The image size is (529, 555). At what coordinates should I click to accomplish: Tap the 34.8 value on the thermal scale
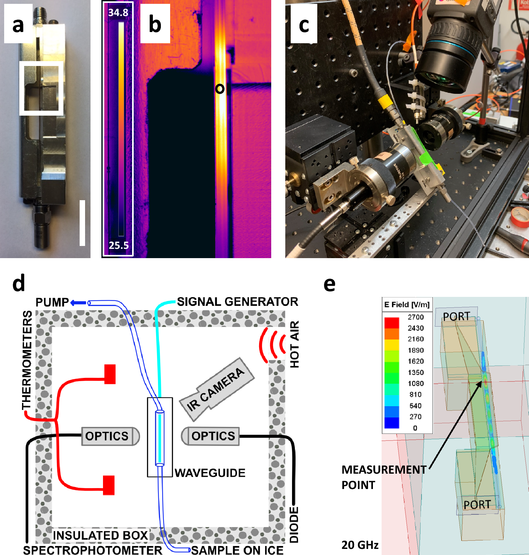coord(118,12)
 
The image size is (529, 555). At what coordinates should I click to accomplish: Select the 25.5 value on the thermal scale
coord(119,245)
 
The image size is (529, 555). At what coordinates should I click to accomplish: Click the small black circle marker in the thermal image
coord(220,89)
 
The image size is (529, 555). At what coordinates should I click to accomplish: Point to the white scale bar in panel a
coord(82,223)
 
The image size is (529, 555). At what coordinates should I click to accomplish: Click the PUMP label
coord(52,302)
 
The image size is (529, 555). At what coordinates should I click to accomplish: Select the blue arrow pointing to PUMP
coord(78,303)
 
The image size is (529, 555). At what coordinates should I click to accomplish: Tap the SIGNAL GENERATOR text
coord(237,302)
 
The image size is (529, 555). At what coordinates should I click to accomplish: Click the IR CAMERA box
coord(217,389)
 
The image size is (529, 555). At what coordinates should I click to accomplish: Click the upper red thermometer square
coord(110,374)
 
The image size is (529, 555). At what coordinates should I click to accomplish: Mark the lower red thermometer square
coord(109,485)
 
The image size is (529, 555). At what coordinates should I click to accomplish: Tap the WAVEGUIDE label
coord(210,473)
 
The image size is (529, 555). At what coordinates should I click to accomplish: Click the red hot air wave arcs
coord(272,345)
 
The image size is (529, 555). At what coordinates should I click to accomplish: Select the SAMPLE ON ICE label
coord(237,550)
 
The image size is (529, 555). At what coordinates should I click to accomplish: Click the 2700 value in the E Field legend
coord(415,317)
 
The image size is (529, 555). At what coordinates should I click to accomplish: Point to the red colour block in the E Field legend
coord(392,323)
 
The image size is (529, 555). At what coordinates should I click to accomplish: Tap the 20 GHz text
coord(360,545)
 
